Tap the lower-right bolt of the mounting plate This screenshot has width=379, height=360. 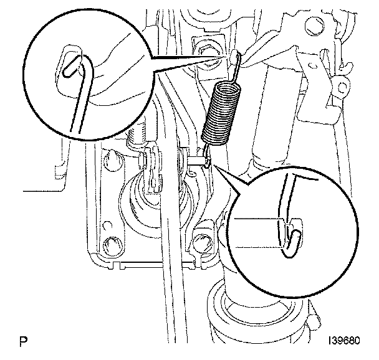[203, 240]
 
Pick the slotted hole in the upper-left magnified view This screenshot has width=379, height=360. [69, 65]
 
